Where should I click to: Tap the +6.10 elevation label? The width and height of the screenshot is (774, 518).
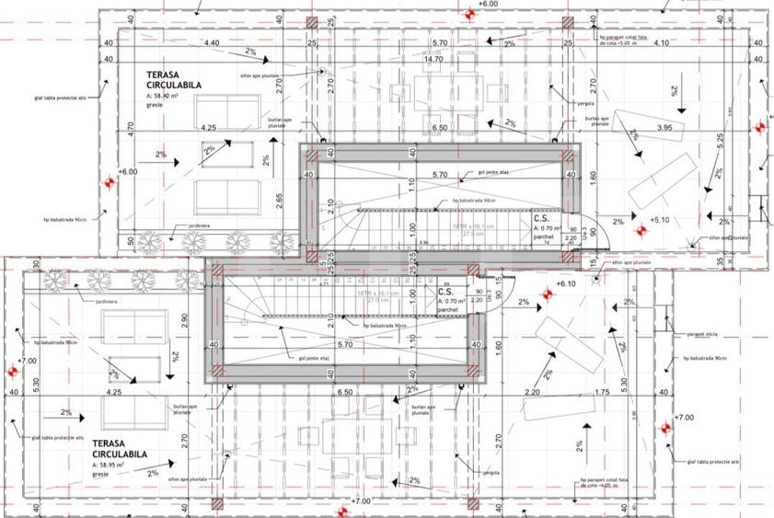565,285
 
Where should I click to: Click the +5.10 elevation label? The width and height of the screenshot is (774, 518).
660,220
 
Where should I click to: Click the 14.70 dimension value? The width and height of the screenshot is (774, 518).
433,59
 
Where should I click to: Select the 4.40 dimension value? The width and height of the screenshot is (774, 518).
211,43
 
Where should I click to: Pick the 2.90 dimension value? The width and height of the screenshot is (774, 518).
185,318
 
